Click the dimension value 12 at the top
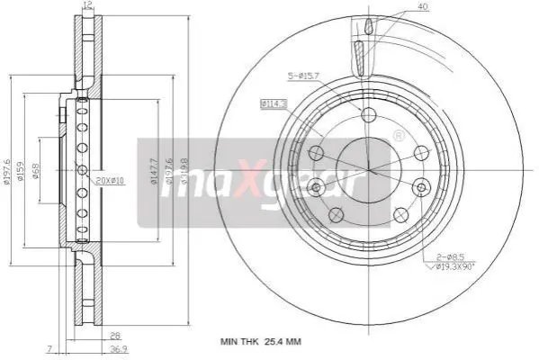[x=87, y=6]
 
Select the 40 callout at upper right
[x=422, y=7]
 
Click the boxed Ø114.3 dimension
[x=274, y=104]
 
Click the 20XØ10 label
[x=109, y=182]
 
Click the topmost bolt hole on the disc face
[x=367, y=113]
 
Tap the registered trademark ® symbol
[x=399, y=136]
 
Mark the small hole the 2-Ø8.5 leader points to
[x=420, y=186]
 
